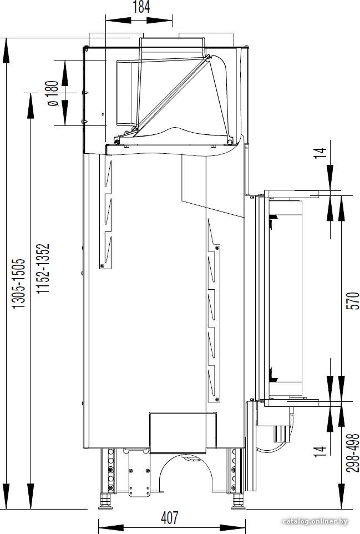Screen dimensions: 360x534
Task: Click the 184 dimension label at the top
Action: click(x=141, y=7)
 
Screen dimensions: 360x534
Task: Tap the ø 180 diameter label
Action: click(x=53, y=93)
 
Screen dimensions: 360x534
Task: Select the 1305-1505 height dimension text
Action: click(x=19, y=284)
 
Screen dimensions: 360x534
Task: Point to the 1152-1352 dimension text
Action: click(x=43, y=268)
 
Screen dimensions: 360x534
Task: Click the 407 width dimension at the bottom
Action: click(x=169, y=518)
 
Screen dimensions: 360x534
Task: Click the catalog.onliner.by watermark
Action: click(x=315, y=521)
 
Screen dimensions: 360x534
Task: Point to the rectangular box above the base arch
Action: click(x=178, y=432)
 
